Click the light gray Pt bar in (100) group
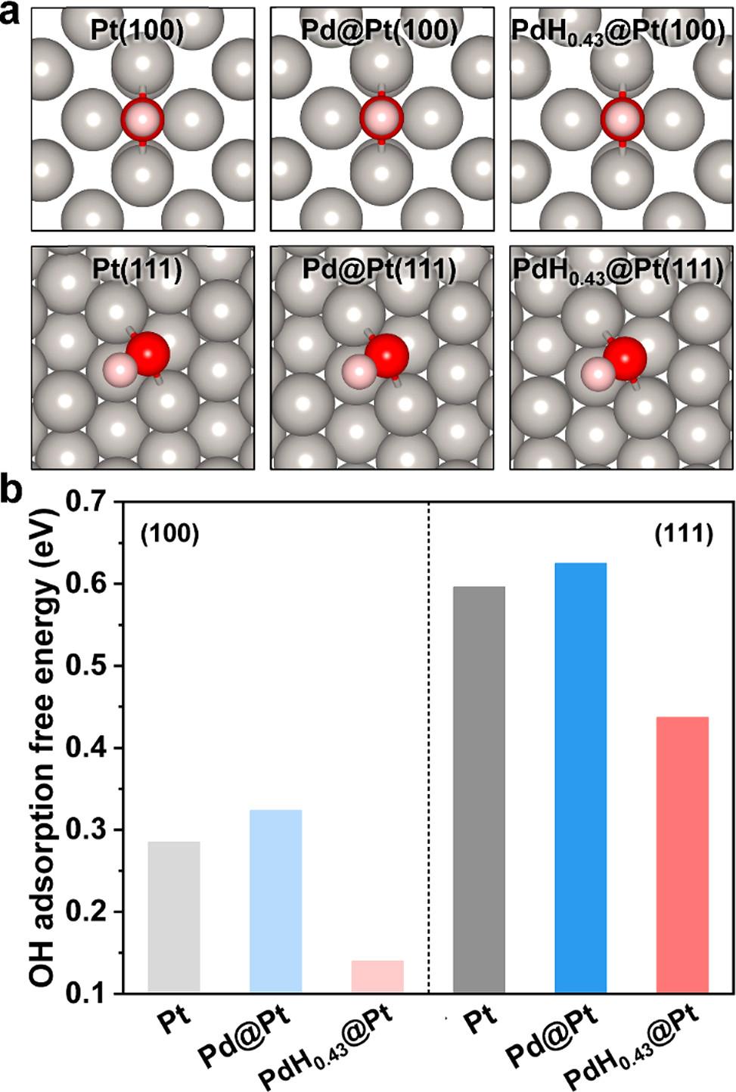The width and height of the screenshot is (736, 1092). (174, 917)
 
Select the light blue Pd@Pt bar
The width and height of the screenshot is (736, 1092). (275, 901)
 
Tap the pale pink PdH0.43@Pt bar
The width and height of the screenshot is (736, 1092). (377, 976)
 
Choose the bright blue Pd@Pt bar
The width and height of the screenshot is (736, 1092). (580, 777)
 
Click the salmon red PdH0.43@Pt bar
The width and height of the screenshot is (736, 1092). (682, 854)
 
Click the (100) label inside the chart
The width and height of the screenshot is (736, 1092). (169, 535)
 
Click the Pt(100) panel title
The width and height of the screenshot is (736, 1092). (137, 29)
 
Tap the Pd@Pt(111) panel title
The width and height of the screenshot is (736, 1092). (379, 269)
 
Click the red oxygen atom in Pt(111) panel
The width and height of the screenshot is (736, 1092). (148, 352)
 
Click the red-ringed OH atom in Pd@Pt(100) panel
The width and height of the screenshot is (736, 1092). (381, 118)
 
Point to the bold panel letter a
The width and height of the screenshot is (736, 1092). (11, 14)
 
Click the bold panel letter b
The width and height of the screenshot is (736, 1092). (12, 492)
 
